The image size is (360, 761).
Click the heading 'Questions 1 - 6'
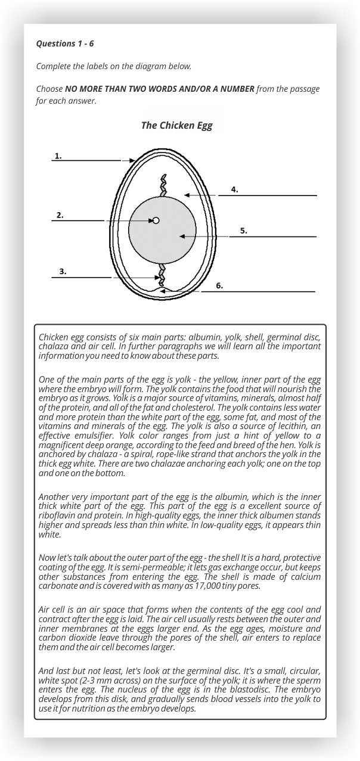[65, 44]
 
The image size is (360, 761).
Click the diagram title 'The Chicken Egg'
[176, 126]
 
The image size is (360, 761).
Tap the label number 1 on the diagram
[58, 156]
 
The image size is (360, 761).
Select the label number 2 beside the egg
[60, 215]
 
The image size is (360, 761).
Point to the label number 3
[63, 272]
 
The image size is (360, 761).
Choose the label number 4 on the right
[235, 190]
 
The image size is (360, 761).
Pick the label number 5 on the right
[243, 231]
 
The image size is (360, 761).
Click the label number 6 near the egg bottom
[219, 286]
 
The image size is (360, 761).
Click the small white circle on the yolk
[156, 220]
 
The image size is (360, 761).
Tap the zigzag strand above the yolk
[163, 185]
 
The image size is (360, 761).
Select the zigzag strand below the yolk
[161, 275]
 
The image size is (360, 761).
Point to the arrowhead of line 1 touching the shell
[132, 160]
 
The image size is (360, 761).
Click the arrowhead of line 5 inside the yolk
[181, 237]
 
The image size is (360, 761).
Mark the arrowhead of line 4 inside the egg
[187, 195]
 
